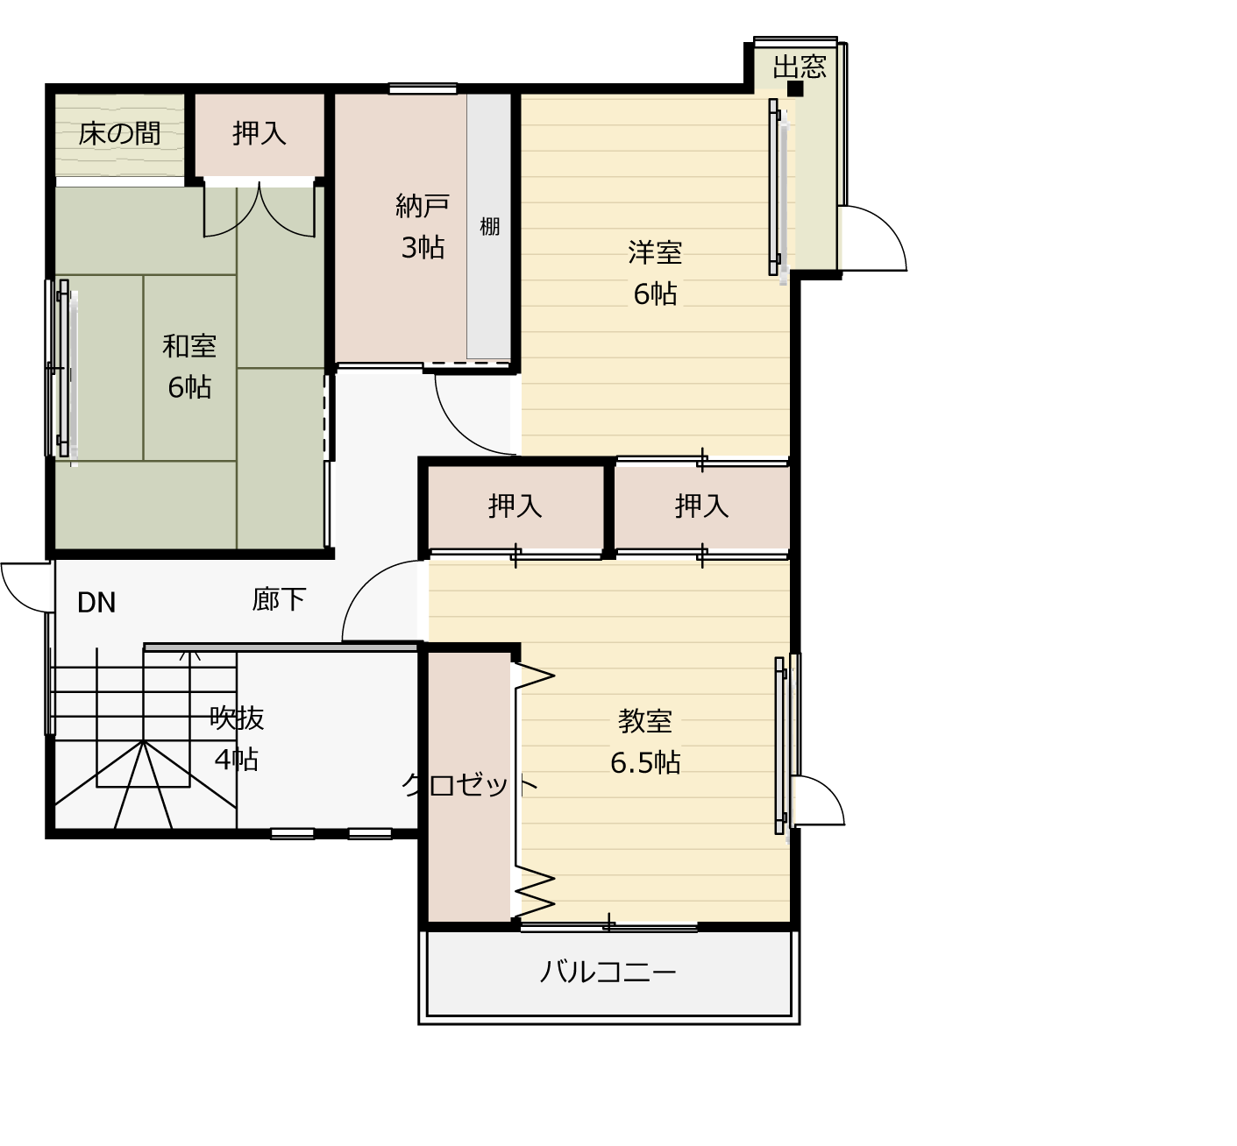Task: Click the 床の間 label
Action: [x=119, y=134]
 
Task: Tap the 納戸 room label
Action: [x=423, y=206]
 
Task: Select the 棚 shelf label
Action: [x=489, y=227]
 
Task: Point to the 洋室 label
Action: [x=655, y=252]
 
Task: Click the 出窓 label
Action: [x=800, y=67]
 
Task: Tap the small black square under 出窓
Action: [x=795, y=89]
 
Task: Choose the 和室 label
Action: [x=189, y=346]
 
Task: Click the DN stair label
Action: [x=96, y=603]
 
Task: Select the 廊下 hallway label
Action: [x=279, y=599]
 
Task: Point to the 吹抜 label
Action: [x=237, y=718]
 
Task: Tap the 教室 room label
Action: [x=644, y=721]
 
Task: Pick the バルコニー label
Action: [x=608, y=971]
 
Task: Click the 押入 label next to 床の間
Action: [x=259, y=133]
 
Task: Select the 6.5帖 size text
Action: [x=644, y=763]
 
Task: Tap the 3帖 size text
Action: [x=423, y=248]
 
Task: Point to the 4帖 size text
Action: [x=236, y=760]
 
